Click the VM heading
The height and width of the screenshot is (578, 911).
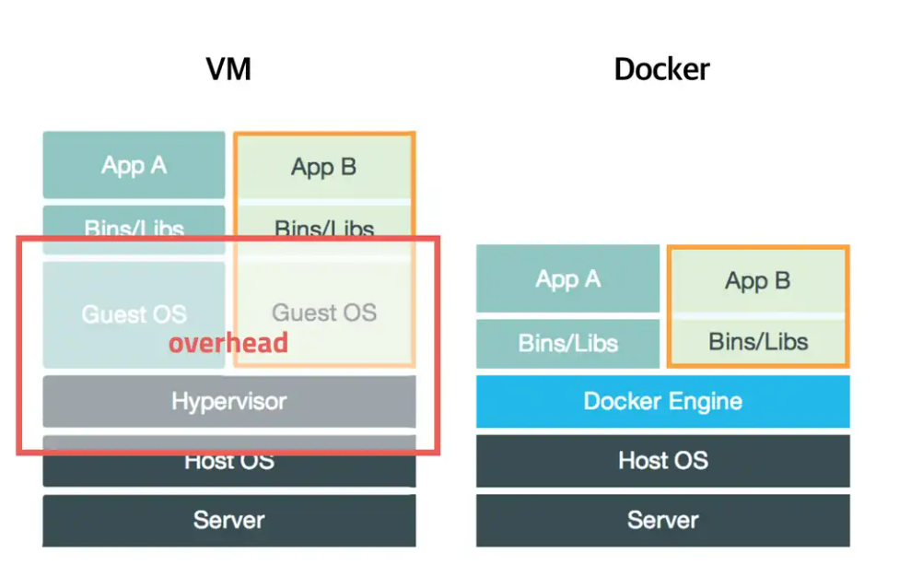coord(228,69)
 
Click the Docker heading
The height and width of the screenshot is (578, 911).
coord(661,69)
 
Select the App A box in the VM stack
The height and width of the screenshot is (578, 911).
coord(134,166)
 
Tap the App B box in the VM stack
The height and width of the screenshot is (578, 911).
coord(323,167)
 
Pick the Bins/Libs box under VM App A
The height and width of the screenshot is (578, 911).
coord(134,225)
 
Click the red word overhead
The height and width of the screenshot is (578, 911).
coord(228,344)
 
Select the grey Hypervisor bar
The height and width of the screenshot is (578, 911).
coord(228,402)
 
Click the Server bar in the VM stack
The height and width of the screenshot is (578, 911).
coord(228,520)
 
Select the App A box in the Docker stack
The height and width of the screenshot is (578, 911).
coord(567,279)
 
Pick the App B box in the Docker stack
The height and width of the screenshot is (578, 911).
coord(757,280)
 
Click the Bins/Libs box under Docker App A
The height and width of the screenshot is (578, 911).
coord(567,343)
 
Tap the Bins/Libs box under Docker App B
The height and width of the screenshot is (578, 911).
coord(757,342)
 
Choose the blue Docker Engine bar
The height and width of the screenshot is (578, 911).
coord(662,402)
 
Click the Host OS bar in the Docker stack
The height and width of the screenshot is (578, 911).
coord(662,460)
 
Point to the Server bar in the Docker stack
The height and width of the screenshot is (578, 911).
coord(662,520)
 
